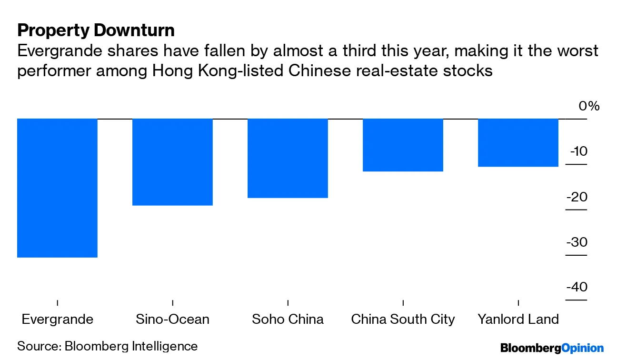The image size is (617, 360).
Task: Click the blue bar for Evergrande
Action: click(x=57, y=188)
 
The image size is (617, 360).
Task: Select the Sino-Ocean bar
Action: click(x=172, y=162)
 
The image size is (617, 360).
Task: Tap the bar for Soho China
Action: click(x=288, y=158)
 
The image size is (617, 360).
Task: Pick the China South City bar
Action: click(x=403, y=145)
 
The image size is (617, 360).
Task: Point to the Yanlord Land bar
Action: click(x=518, y=142)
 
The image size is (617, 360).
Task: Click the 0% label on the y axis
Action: click(x=589, y=106)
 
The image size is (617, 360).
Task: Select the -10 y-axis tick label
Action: click(x=578, y=151)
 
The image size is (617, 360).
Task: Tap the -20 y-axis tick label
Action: click(x=577, y=197)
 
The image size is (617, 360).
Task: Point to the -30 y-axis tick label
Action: click(x=577, y=242)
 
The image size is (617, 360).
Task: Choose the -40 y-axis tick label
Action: click(x=577, y=287)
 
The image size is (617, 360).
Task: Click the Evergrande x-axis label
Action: click(x=58, y=319)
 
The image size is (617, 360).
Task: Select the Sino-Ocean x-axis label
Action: click(x=172, y=319)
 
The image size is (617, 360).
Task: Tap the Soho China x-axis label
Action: click(x=288, y=319)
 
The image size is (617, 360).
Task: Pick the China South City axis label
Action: click(x=403, y=319)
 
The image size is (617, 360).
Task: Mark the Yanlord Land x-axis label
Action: click(x=518, y=319)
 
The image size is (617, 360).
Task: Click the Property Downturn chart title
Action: click(x=96, y=30)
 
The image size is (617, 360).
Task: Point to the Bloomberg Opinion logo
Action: click(x=552, y=348)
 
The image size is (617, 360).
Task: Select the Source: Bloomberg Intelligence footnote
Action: click(x=107, y=346)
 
